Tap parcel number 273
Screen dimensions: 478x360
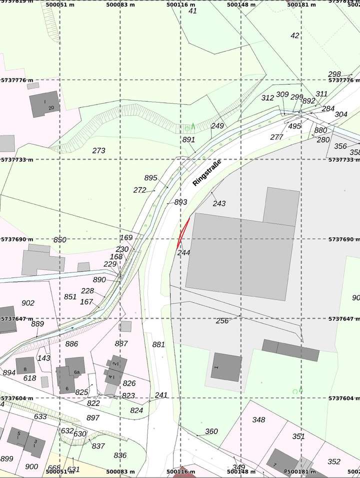(x=99, y=150)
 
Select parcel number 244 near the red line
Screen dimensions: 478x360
(x=184, y=253)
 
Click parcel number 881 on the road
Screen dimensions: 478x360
(x=158, y=344)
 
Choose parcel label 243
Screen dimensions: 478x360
(x=219, y=203)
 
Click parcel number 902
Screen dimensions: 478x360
(x=28, y=303)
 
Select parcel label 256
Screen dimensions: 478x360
(x=222, y=321)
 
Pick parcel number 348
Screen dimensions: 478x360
(x=258, y=419)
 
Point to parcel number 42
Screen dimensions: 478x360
(x=295, y=35)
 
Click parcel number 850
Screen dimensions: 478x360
(x=59, y=239)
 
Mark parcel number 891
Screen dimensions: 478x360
(x=188, y=140)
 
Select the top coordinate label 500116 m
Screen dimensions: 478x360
(x=180, y=4)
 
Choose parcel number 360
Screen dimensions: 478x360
(x=211, y=431)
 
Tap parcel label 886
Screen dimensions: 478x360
(x=71, y=343)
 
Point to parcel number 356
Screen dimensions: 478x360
(x=340, y=146)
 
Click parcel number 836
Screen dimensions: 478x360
(x=120, y=455)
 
